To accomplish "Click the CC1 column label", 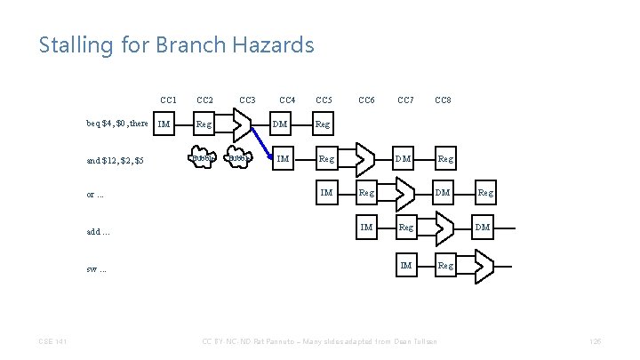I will click(x=169, y=100).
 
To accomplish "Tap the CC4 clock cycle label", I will click(x=287, y=100).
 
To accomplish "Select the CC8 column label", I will click(x=443, y=100).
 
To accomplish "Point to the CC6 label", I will click(x=365, y=100).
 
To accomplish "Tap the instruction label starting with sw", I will click(x=97, y=268).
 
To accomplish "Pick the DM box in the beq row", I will click(x=280, y=124).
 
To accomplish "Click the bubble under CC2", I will click(x=204, y=159).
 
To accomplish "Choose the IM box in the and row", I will click(x=283, y=159).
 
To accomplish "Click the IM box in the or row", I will click(x=326, y=192).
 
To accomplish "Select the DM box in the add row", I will click(x=482, y=228).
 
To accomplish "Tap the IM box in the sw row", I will click(x=406, y=264).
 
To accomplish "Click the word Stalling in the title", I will click(x=70, y=44).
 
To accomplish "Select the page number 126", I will click(x=595, y=341).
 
